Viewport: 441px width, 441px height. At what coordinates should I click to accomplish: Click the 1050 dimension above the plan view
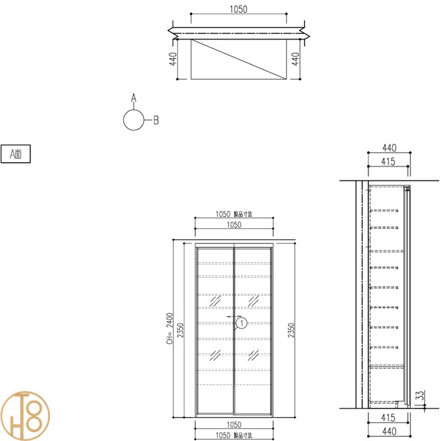[239, 9]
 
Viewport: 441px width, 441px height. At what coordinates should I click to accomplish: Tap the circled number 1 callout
[242, 323]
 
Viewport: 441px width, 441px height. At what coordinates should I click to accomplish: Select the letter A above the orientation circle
[134, 98]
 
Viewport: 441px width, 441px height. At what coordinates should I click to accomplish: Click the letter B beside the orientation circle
[156, 120]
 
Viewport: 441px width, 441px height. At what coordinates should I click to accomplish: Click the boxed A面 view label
[16, 154]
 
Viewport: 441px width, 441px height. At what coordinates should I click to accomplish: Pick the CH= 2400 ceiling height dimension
[170, 329]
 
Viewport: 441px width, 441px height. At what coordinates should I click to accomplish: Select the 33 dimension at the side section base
[420, 395]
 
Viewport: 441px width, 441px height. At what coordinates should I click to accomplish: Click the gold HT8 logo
[25, 416]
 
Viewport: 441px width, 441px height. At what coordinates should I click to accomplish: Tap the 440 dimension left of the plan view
[173, 59]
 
